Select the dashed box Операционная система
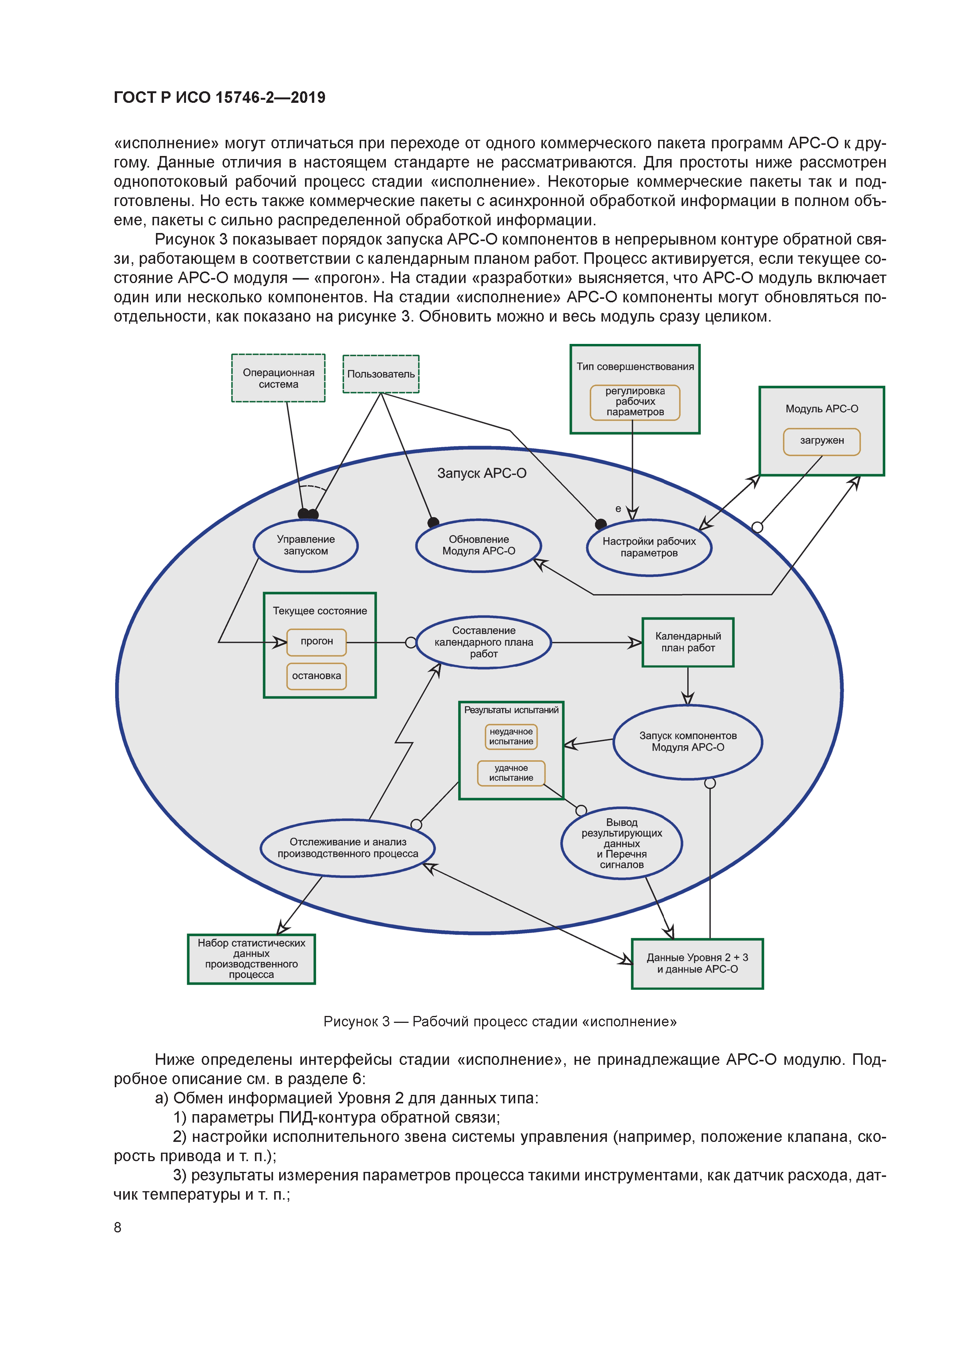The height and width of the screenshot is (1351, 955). coord(278,378)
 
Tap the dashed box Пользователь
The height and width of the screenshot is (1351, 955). coord(381,374)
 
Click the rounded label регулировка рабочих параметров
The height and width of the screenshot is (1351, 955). coord(635,402)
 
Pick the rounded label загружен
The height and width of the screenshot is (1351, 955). coord(821,441)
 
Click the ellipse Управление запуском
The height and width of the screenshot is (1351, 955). coord(305,545)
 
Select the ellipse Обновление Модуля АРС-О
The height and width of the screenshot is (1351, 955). coord(478,545)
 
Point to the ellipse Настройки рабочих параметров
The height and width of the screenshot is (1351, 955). coord(649,547)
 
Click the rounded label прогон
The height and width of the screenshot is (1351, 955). coord(317,641)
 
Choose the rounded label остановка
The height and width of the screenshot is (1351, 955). coord(317,676)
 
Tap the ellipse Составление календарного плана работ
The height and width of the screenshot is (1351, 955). coord(484,642)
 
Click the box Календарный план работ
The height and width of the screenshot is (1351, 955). coord(688,642)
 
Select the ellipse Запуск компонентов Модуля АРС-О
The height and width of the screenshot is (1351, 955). coord(688,742)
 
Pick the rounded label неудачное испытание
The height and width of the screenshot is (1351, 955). coord(511,737)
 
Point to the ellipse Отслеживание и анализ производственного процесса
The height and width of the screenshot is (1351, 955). coord(348,848)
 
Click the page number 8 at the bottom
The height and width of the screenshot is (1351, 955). coord(118,1227)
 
